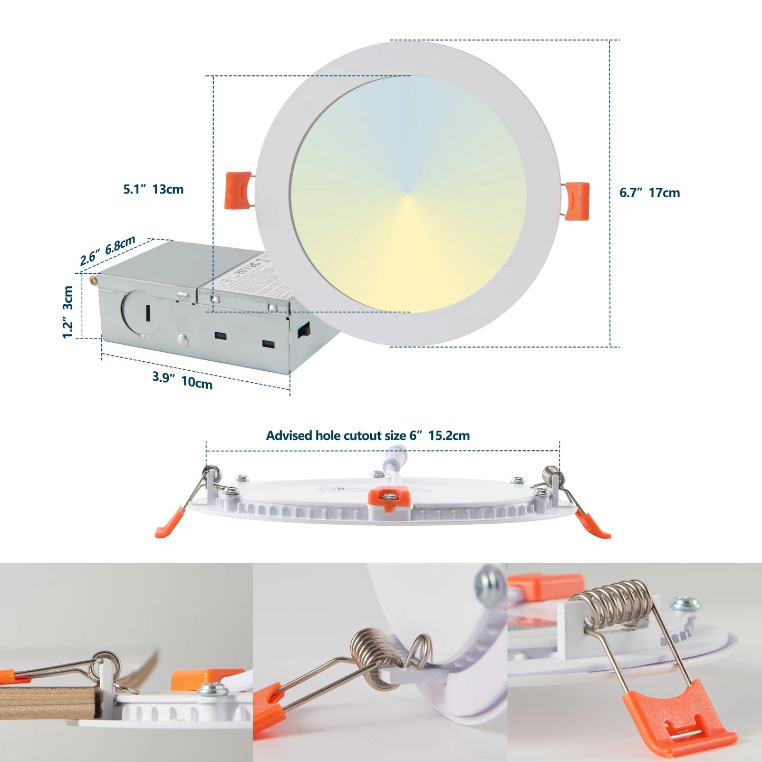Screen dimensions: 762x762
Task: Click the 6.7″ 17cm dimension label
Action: tap(649, 193)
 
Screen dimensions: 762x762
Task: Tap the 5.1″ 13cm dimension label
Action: tap(153, 189)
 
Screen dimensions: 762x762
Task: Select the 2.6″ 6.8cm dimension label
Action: tap(108, 250)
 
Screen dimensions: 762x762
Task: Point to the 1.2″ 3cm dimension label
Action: tap(67, 312)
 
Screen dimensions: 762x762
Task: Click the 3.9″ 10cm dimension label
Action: tap(182, 380)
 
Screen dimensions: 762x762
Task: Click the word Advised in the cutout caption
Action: tap(289, 436)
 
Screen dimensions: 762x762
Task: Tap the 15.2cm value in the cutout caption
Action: tap(449, 436)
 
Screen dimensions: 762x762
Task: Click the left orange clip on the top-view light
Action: tap(238, 190)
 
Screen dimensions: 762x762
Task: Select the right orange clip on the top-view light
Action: tap(577, 200)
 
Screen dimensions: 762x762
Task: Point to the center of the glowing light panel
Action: tap(408, 195)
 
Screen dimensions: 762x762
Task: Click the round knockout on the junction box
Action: tap(140, 313)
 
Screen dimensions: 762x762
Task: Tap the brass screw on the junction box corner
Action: tap(94, 280)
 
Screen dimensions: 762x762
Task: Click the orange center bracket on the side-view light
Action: tap(389, 498)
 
